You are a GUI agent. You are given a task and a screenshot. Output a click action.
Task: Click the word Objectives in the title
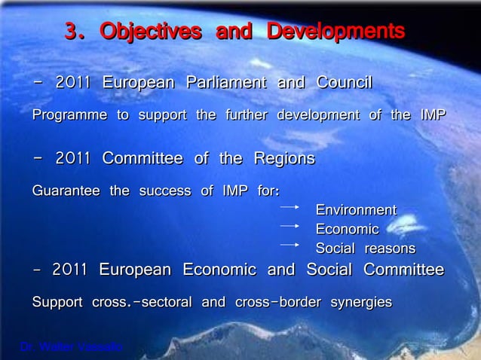(x=151, y=32)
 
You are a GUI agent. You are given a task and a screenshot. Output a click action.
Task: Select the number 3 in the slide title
(x=72, y=32)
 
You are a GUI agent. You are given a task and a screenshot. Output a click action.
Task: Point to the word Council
(x=344, y=82)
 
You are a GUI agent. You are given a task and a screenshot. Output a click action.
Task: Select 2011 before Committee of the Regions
(x=73, y=159)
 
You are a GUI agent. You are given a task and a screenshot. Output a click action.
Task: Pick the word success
(x=164, y=191)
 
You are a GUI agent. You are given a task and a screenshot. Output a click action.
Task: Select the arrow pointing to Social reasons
(x=290, y=244)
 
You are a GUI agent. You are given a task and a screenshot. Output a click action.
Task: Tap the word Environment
(x=355, y=209)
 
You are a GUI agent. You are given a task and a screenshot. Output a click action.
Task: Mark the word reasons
(x=390, y=249)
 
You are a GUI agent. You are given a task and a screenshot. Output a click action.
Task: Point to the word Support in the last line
(x=57, y=303)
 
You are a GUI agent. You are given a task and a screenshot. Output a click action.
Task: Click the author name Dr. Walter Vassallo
(x=72, y=347)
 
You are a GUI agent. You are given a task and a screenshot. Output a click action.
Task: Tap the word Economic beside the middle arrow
(x=347, y=229)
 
